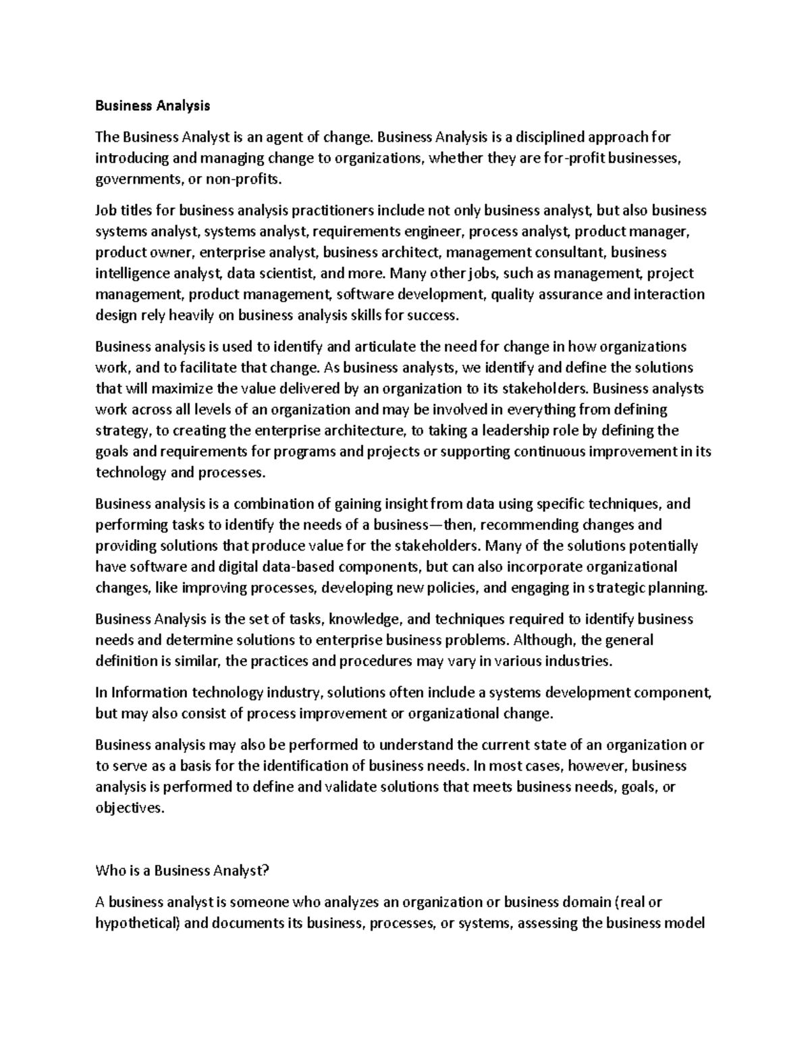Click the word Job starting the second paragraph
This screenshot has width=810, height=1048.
(105, 211)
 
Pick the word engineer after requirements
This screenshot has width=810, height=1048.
(433, 232)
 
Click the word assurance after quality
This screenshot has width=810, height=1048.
(577, 294)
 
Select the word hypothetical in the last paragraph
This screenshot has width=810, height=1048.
(137, 923)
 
